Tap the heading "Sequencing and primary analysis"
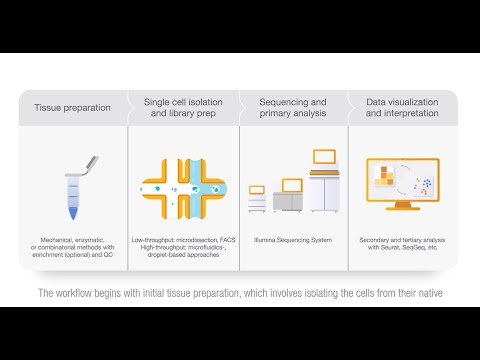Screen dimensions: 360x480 [292, 108]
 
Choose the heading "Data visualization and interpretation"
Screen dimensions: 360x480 [401, 108]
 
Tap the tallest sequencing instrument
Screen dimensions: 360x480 [326, 188]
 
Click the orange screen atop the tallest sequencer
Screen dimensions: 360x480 [324, 156]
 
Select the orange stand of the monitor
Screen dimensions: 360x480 [401, 217]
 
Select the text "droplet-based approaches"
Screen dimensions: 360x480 [183, 255]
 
